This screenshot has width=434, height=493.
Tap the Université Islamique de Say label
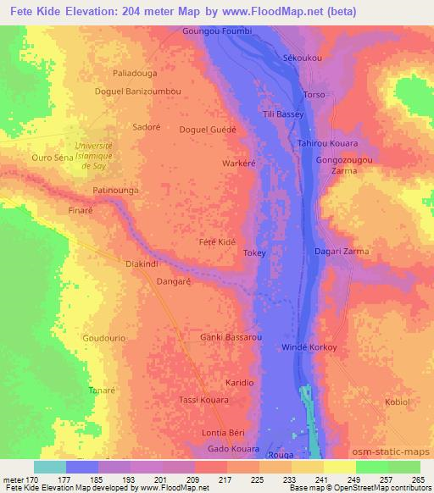tap(107, 155)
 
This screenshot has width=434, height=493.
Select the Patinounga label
tap(115, 191)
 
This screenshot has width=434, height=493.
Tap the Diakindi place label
tap(142, 263)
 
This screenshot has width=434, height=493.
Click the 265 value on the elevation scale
tap(416, 478)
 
